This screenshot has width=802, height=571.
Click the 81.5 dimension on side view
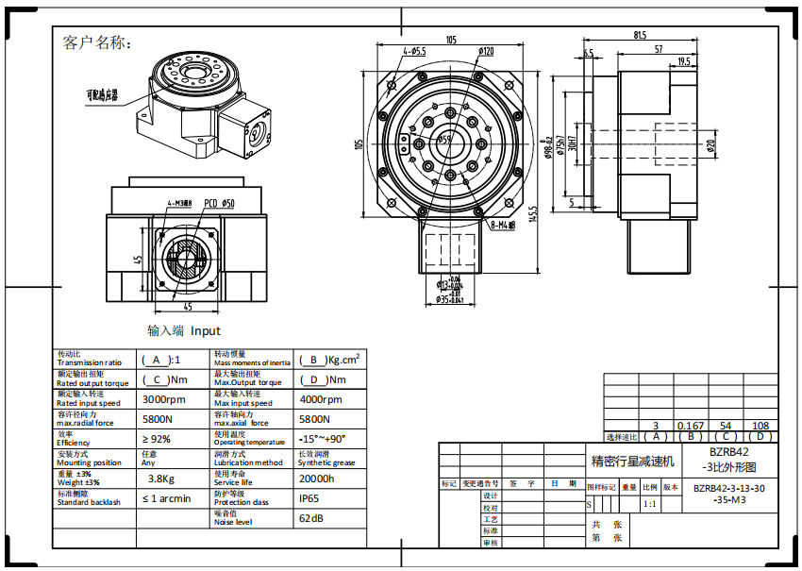click(641, 37)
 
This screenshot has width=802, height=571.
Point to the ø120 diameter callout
click(486, 51)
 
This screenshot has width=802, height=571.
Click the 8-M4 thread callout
click(501, 226)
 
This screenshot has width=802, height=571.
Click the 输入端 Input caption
click(184, 330)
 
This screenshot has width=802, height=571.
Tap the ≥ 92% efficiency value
click(157, 439)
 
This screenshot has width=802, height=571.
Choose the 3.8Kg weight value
click(161, 479)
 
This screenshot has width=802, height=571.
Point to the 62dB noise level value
click(312, 518)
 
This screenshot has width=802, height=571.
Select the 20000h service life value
click(316, 479)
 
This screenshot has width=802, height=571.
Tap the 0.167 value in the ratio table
click(692, 427)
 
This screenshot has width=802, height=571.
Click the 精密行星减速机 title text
click(633, 462)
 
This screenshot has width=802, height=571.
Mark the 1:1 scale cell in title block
click(649, 504)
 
